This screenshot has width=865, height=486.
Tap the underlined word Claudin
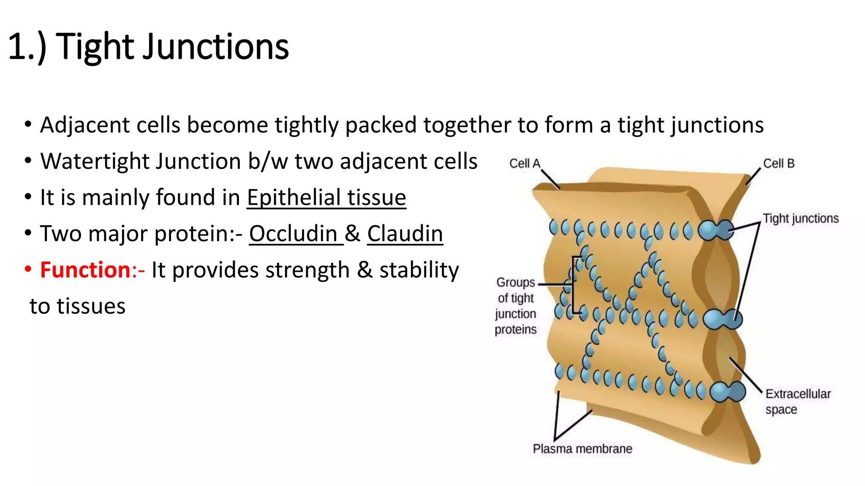tap(405, 234)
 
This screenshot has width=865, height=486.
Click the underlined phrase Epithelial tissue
tap(326, 197)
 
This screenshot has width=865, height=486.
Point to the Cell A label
tap(525, 164)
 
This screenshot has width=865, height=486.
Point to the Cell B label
tap(778, 164)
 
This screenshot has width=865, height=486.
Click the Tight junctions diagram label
tap(800, 219)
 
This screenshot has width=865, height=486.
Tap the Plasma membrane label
tap(582, 449)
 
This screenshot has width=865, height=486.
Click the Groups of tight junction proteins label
tap(516, 306)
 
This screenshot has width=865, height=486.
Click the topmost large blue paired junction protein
tap(716, 230)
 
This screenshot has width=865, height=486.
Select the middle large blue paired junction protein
tap(722, 319)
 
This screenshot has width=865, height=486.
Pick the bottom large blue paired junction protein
tap(727, 392)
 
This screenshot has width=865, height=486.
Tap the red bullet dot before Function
tap(28, 269)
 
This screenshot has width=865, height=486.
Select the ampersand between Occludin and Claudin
tap(353, 234)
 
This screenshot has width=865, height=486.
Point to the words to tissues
tap(78, 306)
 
